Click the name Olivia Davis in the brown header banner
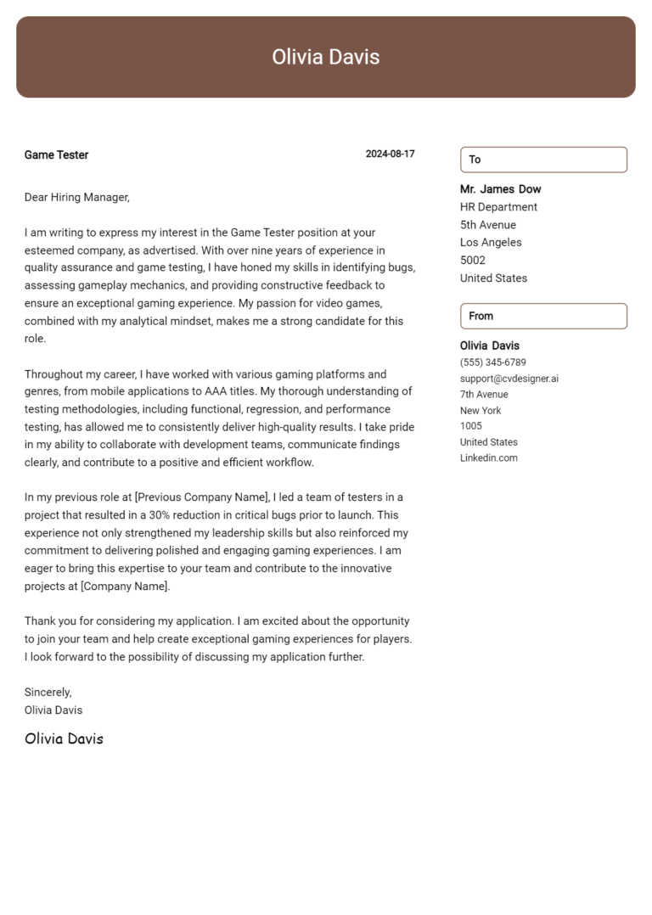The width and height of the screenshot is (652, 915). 326,57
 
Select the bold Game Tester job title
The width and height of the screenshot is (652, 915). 56,154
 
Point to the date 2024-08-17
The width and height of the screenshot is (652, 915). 390,154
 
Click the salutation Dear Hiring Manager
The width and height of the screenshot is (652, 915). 76,197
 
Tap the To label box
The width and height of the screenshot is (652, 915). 543,160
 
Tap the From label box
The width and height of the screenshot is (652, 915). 543,316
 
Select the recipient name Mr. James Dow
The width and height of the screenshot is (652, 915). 500,189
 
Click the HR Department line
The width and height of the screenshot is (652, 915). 498,207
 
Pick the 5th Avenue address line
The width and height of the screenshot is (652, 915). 488,225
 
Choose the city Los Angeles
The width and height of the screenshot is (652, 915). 491,243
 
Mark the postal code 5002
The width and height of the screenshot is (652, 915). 473,261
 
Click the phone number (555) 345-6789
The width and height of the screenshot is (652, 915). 492,362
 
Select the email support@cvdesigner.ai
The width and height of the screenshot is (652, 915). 509,379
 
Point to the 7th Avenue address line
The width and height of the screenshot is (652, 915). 484,395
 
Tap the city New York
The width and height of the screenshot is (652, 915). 481,411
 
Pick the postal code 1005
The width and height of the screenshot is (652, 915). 470,426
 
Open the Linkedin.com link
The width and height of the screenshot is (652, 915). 488,458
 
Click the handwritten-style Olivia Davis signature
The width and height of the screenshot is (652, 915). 64,738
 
